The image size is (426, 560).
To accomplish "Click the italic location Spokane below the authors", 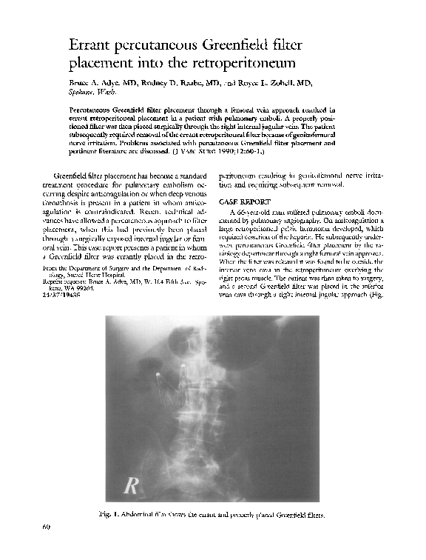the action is (80, 93).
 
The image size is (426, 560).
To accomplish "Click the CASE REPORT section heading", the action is (246, 202).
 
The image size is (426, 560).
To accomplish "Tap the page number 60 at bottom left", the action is (47, 527).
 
